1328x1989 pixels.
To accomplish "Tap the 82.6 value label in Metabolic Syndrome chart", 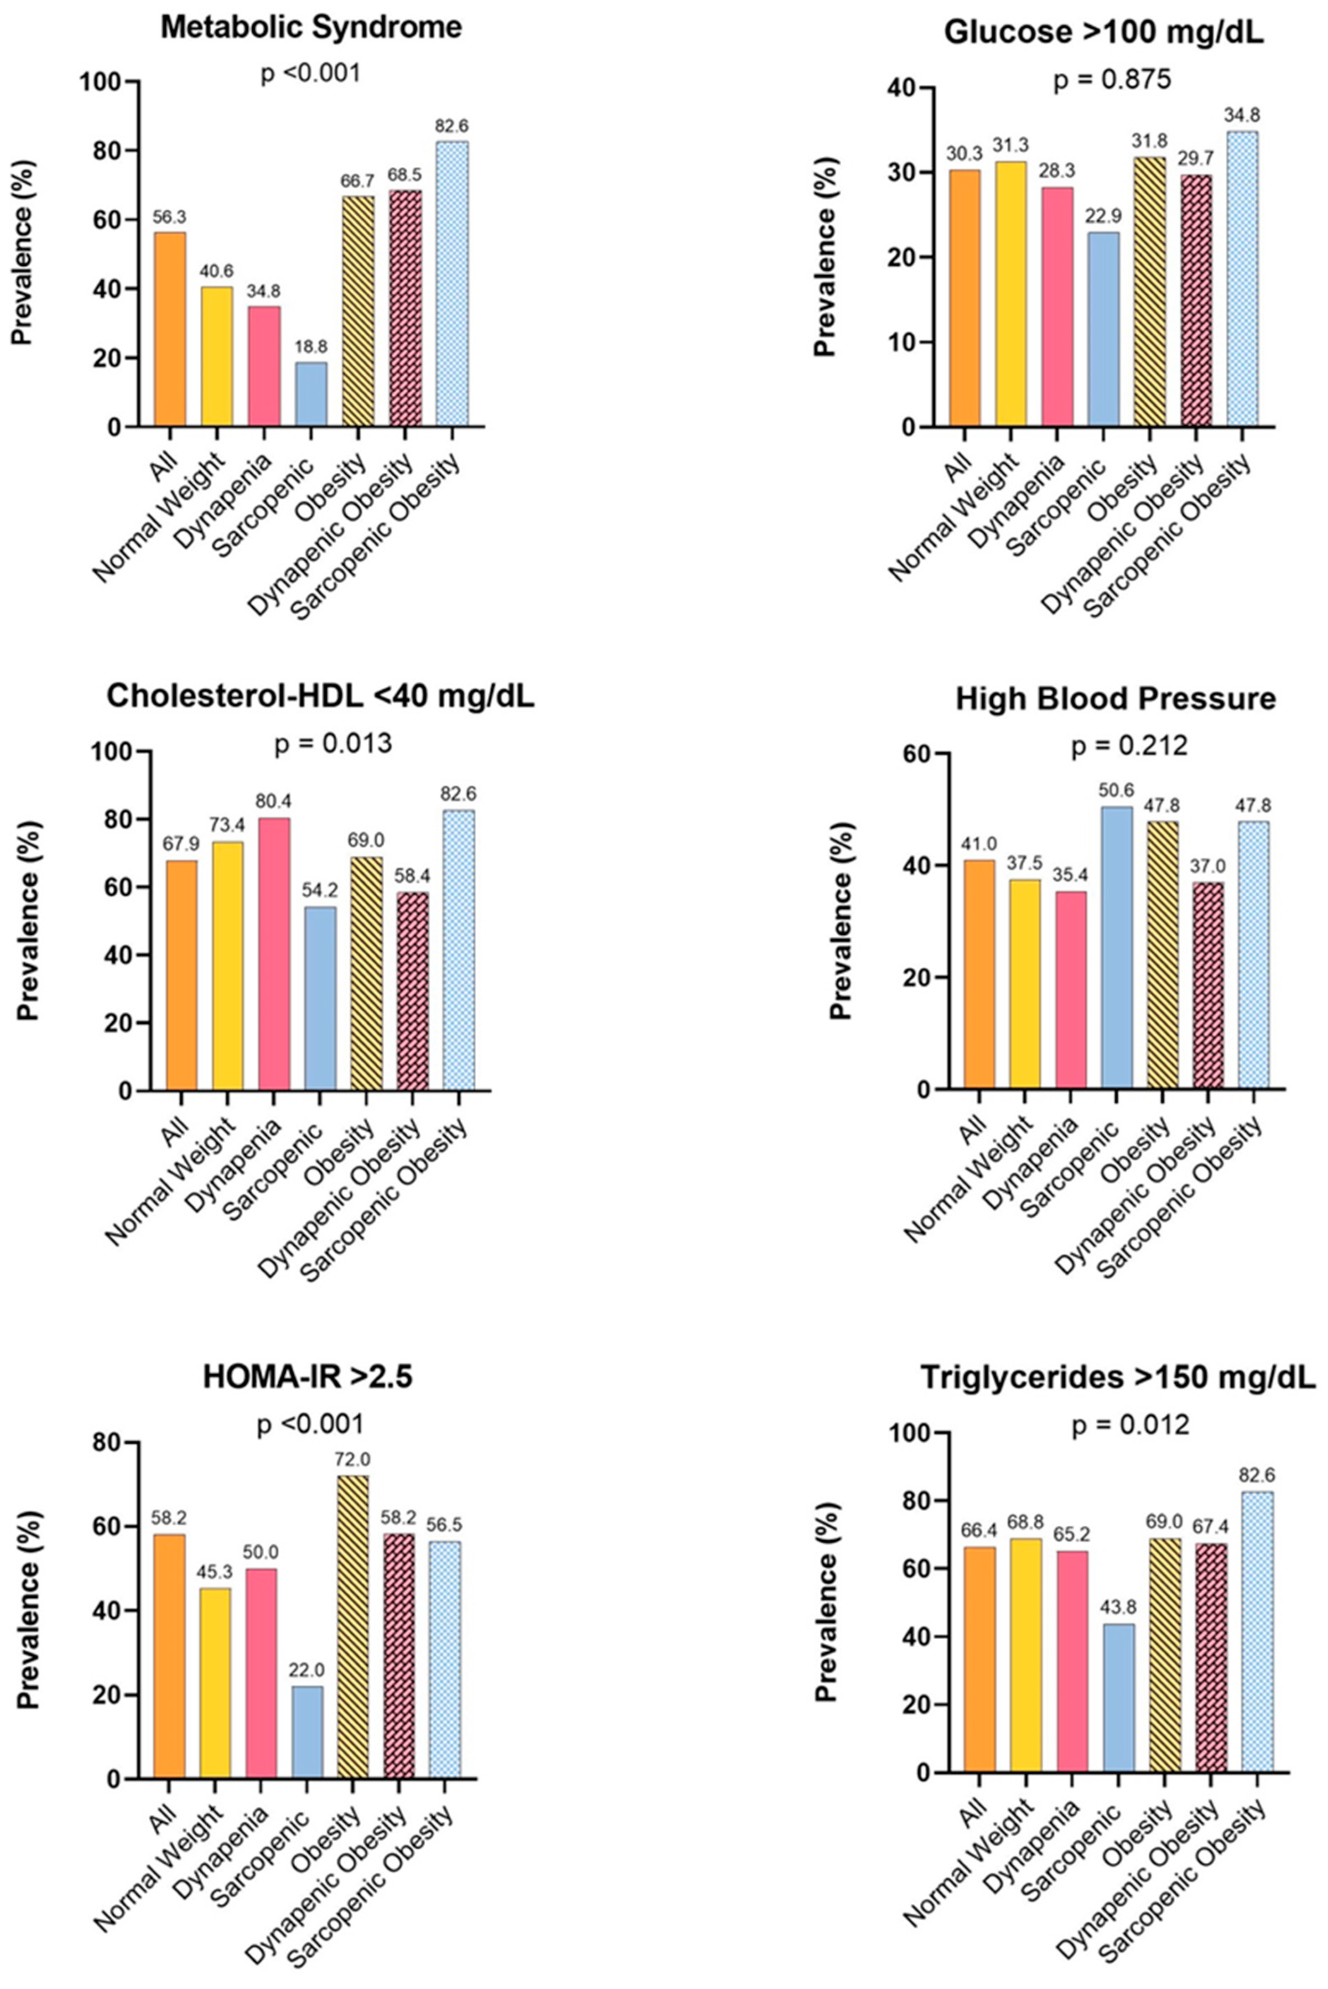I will pyautogui.click(x=452, y=126).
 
